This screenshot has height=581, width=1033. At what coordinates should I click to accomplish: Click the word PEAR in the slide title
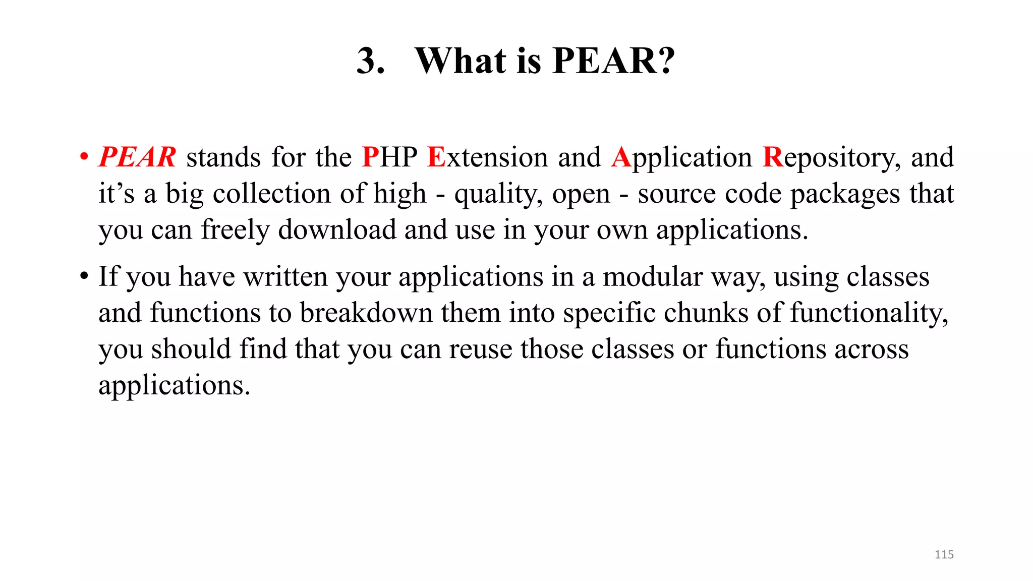point(605,61)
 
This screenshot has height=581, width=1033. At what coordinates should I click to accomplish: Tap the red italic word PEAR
point(137,157)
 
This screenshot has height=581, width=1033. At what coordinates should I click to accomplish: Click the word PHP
point(389,157)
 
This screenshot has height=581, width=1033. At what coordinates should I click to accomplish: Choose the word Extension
point(487,157)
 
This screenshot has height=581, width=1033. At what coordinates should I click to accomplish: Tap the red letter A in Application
point(621,157)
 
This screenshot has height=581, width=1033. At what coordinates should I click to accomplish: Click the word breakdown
point(366,313)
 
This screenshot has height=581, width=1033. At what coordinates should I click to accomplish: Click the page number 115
point(944,555)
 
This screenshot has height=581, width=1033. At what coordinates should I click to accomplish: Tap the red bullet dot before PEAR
point(84,157)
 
